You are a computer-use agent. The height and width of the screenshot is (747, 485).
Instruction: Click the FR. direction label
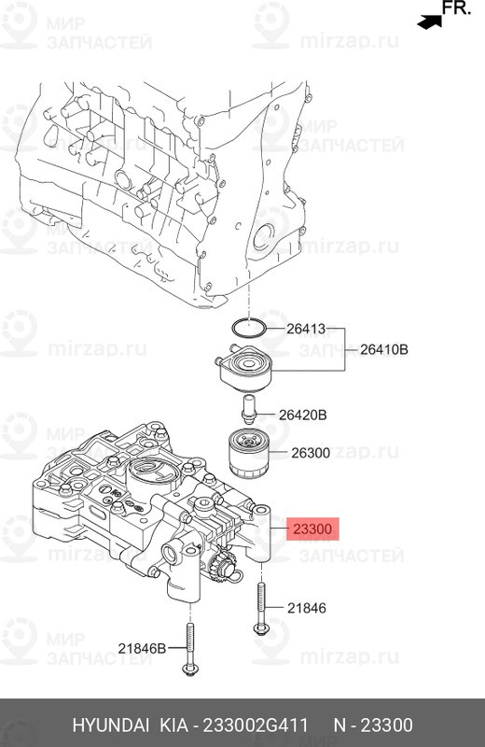point(456,10)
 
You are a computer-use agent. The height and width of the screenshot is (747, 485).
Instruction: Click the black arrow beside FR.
point(428,19)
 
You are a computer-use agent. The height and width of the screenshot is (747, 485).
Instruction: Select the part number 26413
point(305,329)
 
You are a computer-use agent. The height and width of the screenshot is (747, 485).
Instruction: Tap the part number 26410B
point(383,351)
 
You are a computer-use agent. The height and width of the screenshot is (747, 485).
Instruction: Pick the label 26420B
point(305,416)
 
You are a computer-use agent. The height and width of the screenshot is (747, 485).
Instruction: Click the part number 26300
point(311,453)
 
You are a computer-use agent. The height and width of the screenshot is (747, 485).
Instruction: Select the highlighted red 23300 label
point(312,529)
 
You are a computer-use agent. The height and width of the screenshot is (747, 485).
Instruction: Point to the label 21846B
point(141,647)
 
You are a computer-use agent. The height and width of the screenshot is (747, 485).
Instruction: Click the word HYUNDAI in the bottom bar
point(107,726)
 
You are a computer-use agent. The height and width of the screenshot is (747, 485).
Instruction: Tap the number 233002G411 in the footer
point(256,726)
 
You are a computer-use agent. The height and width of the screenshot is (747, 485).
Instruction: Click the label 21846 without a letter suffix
point(306,608)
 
